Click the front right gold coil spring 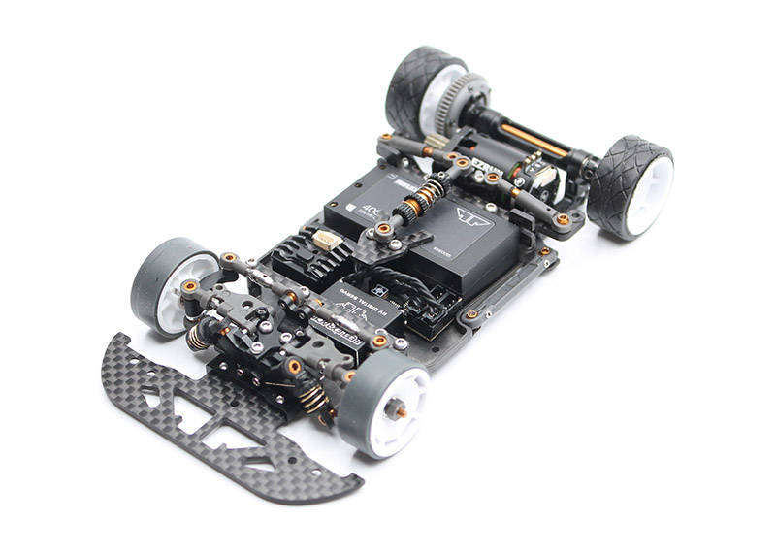(314, 399)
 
